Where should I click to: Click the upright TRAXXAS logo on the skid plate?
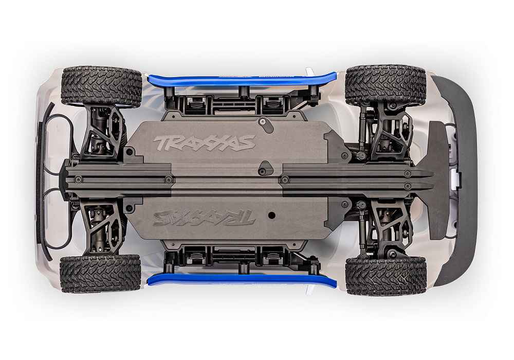point(204,142)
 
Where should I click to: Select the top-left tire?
point(101,85)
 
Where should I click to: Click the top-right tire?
point(385,85)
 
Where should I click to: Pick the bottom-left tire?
point(100,274)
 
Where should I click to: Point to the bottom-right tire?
point(385,276)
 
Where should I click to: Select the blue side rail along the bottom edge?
point(242,279)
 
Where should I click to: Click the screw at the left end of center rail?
point(78,179)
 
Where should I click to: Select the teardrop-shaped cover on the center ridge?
point(266,167)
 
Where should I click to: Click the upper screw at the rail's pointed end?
point(408,174)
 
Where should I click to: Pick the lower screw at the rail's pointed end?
point(408,186)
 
